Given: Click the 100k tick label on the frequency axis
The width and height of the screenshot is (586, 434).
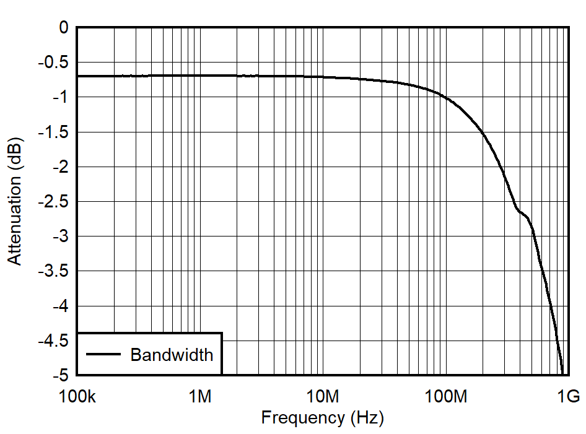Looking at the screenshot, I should (77, 396).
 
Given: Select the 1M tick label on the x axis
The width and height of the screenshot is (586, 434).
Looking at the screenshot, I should (199, 396).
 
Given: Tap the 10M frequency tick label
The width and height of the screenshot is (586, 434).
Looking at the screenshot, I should (322, 396).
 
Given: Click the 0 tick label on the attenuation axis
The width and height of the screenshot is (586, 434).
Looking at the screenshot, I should (63, 27).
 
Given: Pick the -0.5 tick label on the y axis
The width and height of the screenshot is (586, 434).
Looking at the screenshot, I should (54, 63).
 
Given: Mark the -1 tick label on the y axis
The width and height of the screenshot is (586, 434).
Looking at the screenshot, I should (60, 97).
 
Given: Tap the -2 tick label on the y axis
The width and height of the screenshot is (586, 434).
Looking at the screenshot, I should (60, 167).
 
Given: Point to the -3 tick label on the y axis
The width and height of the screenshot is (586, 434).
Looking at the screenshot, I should (60, 237).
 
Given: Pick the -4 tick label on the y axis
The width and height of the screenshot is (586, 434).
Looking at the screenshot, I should (60, 306).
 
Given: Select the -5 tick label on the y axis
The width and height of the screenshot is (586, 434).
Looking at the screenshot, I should (60, 376).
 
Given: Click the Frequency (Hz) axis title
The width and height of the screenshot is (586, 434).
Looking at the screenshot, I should (322, 418).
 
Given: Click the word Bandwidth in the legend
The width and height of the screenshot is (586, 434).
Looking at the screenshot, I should (172, 355).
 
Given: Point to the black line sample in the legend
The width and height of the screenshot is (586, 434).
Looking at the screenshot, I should (103, 354).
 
